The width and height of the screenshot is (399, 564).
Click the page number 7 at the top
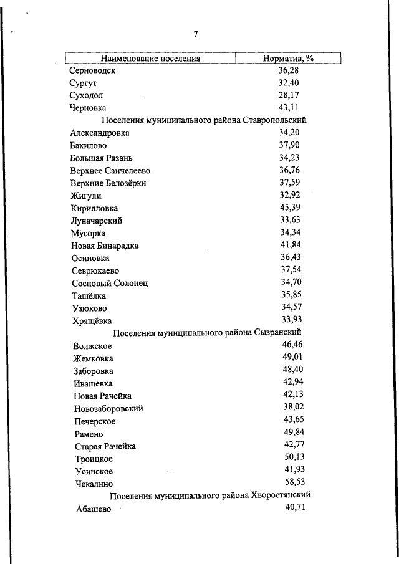pos(196,34)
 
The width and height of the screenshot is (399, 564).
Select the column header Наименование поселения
pos(150,59)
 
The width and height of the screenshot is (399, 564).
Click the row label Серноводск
pos(93,71)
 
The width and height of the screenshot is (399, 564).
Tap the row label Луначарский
pos(97,221)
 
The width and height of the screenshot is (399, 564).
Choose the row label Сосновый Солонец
pos(109,284)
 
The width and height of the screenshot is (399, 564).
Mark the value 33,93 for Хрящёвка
pos(290,320)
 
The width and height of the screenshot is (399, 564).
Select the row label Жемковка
pos(94,359)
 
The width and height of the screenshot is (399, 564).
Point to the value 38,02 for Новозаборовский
pos(292,407)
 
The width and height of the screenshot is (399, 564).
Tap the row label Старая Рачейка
pos(104,446)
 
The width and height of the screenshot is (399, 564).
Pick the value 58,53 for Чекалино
pos(293,482)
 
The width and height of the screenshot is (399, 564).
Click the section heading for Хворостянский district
pos(210,495)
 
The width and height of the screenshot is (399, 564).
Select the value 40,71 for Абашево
pos(293,508)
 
